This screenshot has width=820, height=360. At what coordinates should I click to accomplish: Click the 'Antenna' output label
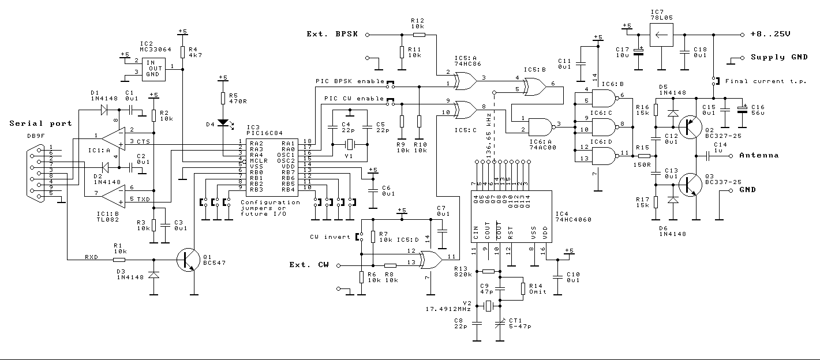[759, 155]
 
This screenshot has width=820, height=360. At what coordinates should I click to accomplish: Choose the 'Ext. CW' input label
[309, 265]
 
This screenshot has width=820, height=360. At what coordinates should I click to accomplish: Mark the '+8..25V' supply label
[769, 34]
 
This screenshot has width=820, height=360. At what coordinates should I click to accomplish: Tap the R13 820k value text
[463, 275]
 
